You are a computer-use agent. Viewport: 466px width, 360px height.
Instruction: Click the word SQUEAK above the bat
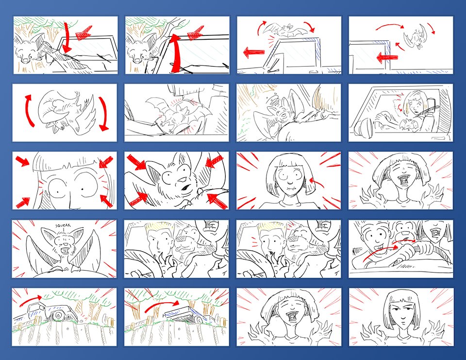coord(63,225)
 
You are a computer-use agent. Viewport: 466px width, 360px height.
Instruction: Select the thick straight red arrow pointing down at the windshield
coord(67,37)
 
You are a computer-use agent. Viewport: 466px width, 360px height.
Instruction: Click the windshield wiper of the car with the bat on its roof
coord(274,71)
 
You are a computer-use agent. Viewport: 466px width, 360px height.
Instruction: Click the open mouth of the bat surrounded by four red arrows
coord(186,188)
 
